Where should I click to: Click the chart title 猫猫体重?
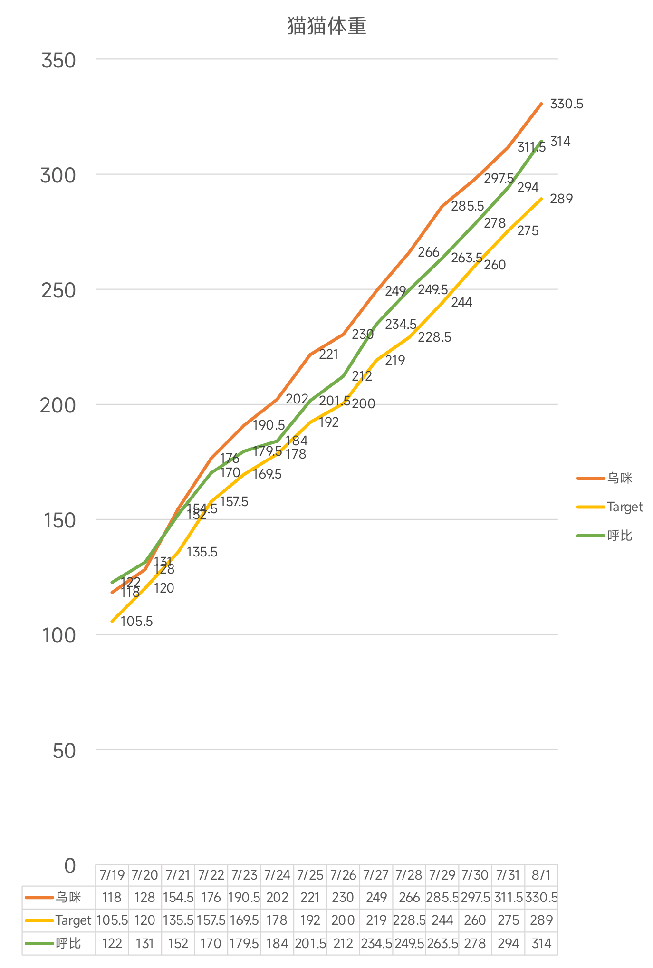coord(326,26)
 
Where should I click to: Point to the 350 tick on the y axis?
coord(58,61)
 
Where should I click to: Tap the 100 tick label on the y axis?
coord(58,635)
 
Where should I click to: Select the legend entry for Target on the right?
coord(624,507)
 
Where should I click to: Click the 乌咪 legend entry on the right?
coord(619,478)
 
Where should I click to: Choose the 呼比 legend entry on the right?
coord(619,536)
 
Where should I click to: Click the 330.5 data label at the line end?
coord(567,104)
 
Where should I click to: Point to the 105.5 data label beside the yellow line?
coord(136,622)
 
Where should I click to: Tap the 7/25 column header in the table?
coord(310,875)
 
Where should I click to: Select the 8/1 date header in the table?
coord(541,875)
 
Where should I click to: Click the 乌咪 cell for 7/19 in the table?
coord(112,897)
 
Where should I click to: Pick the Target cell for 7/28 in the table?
coord(409,920)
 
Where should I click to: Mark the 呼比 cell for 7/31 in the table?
coord(508,943)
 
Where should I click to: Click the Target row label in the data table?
coord(73,920)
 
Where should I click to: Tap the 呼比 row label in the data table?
coord(68,943)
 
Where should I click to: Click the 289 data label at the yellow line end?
coord(561,199)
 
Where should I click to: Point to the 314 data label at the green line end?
coord(560,142)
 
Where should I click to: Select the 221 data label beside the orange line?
coord(328,355)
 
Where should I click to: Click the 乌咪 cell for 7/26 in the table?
coord(343,897)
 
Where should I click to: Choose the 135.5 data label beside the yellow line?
coord(202,552)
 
